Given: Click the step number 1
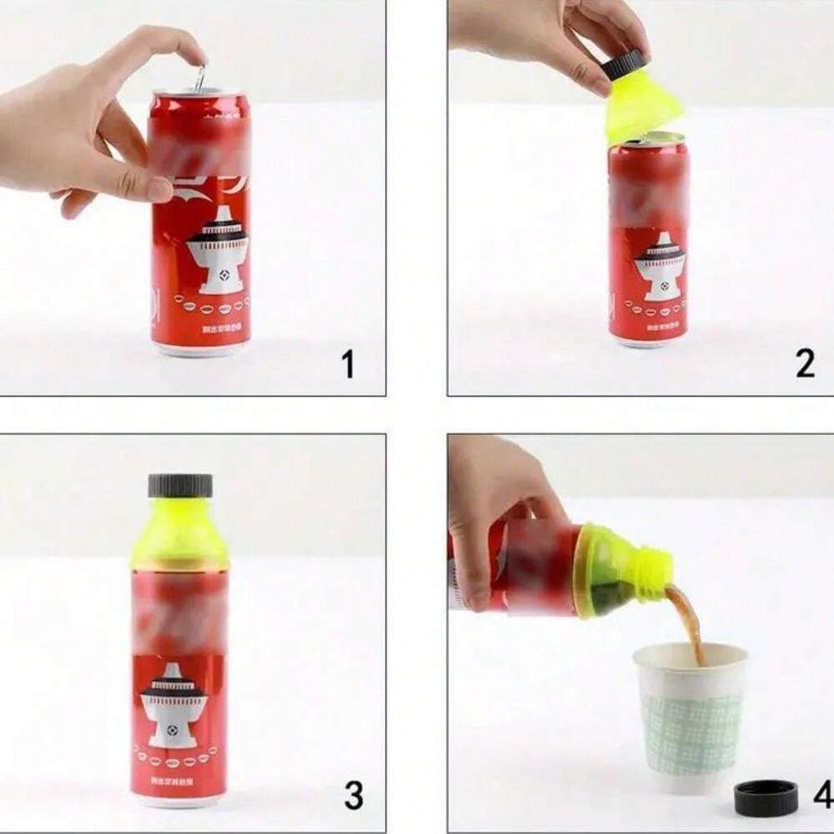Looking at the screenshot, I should point(348,364).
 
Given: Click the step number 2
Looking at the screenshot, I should point(804,364).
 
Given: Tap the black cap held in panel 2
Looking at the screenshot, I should point(626,65).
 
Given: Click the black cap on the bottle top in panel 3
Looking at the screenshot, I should point(180,485).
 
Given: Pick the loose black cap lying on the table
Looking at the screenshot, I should point(766,798).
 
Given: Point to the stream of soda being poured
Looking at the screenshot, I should point(686,621).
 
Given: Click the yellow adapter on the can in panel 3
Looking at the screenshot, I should point(179,534).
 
